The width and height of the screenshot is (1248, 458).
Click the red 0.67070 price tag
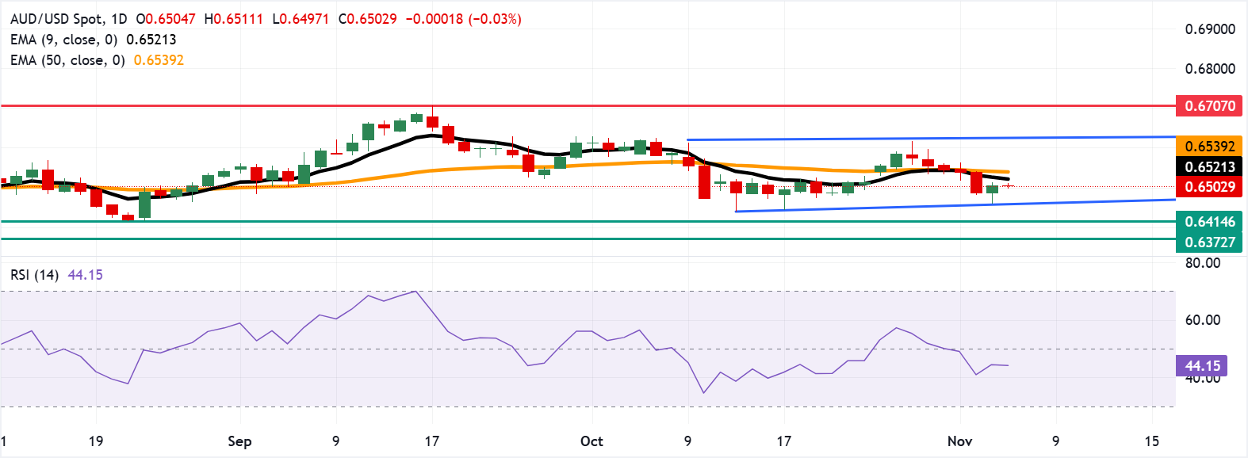click(1209, 105)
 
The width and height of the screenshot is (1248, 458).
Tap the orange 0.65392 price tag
click(1209, 146)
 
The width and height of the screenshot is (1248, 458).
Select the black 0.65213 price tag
click(1209, 166)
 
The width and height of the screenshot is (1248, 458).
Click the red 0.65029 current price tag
click(1209, 187)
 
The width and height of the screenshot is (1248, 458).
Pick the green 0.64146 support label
click(1209, 222)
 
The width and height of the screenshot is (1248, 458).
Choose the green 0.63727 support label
click(1209, 242)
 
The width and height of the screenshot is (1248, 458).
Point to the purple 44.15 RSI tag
click(1202, 365)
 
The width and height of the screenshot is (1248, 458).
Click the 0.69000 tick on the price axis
click(1209, 29)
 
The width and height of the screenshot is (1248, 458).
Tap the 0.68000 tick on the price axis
click(1209, 69)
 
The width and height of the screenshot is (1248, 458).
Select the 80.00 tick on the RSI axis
click(1202, 263)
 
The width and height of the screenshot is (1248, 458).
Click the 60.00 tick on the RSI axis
click(1202, 320)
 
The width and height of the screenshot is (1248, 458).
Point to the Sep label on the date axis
click(239, 441)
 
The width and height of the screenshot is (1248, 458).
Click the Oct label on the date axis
click(591, 441)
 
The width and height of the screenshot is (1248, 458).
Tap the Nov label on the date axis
click(959, 441)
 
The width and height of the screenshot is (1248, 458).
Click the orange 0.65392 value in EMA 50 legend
click(159, 60)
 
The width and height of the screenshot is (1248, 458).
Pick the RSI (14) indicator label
click(34, 275)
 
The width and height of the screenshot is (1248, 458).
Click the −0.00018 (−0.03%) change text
click(463, 19)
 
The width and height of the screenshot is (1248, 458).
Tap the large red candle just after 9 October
click(704, 181)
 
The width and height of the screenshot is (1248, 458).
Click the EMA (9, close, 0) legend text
click(63, 40)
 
